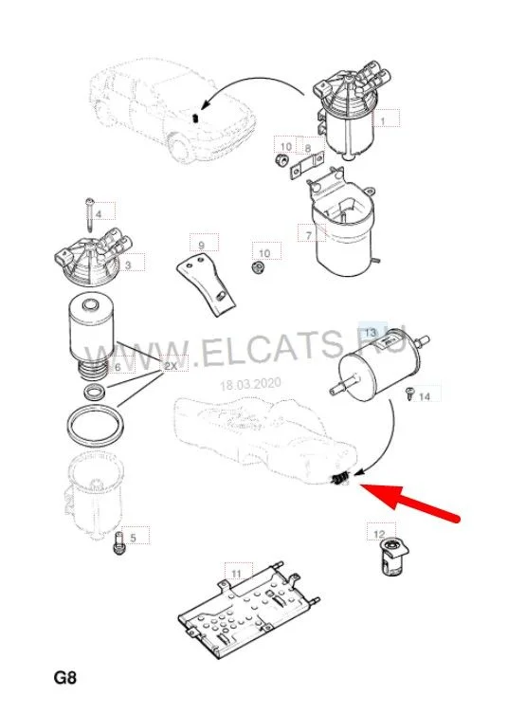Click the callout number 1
383,121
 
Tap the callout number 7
309,235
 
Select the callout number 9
202,246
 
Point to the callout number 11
236,573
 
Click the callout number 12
379,534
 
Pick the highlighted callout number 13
371,333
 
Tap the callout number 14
425,396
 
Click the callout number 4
99,213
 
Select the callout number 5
133,538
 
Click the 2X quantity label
171,366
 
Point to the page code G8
65,678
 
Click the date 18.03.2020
250,385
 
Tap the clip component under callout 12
391,557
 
